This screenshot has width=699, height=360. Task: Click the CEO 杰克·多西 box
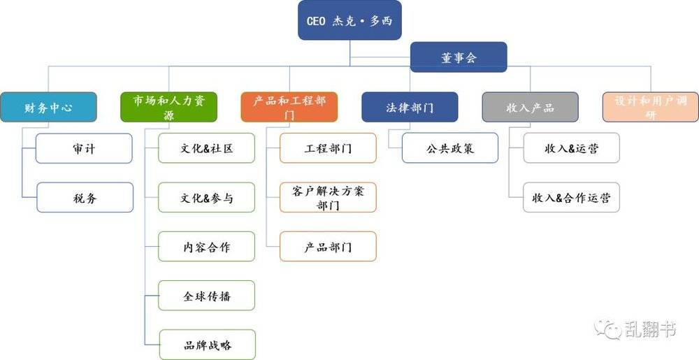349,20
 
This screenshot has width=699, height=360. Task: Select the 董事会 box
459,57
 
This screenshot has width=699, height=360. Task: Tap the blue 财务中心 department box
48,107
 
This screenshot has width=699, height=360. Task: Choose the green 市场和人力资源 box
168,107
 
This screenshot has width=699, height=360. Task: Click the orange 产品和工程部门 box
289,107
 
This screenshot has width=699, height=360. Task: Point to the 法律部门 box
410,107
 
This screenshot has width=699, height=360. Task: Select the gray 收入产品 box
530,107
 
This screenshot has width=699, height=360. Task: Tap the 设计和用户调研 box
650,107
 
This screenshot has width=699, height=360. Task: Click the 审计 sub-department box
84,148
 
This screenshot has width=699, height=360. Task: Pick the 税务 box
85,197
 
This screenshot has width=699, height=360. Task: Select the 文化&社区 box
206,148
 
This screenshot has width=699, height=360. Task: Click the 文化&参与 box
206,197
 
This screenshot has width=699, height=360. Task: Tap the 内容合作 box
206,246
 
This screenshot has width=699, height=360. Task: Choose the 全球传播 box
206,296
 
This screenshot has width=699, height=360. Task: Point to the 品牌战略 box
208,345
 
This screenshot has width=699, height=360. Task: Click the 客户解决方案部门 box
328,197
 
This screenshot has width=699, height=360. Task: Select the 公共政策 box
449,148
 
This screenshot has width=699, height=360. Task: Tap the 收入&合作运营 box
571,197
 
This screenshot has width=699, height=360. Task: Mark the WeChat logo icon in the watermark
607,329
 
